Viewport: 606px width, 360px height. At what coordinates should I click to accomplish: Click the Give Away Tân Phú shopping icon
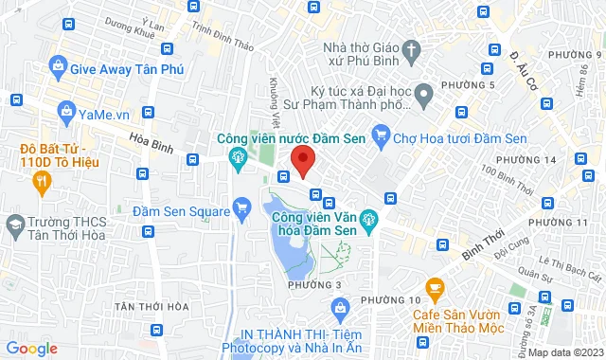(58, 67)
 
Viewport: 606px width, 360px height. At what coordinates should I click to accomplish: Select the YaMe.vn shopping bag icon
(66, 112)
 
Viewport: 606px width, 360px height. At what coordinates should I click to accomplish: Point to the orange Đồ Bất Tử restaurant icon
(27, 148)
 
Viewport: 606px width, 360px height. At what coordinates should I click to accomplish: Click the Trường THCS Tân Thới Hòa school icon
(14, 225)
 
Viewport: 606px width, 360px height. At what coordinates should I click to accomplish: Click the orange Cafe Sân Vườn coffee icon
(435, 286)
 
